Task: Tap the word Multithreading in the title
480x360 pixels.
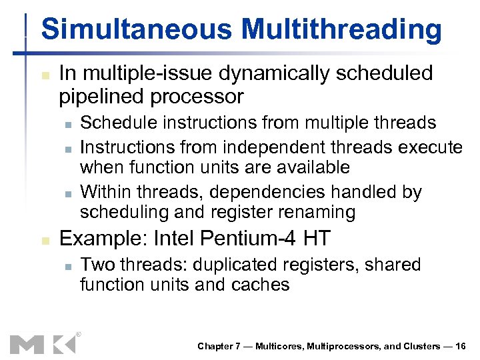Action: coord(341,30)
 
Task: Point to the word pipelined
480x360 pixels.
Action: coord(103,97)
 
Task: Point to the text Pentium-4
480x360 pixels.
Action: coord(251,237)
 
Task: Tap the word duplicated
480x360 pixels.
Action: coord(228,265)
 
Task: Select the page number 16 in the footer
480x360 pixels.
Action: coord(461,346)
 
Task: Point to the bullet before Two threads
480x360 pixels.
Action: coord(65,266)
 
